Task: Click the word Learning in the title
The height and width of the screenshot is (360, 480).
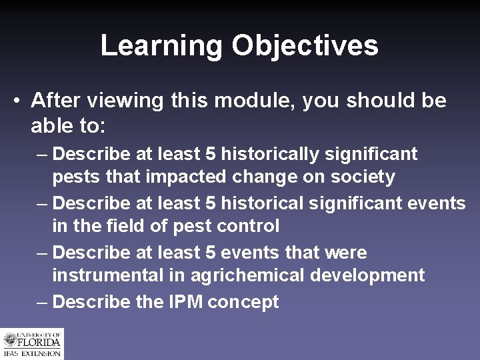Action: click(x=161, y=46)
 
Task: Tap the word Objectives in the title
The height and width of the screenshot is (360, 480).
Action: click(x=305, y=46)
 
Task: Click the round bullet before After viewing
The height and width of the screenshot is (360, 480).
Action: click(x=16, y=101)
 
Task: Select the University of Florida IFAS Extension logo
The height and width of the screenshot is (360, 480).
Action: click(x=31, y=344)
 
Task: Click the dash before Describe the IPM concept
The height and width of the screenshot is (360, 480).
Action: click(x=42, y=302)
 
